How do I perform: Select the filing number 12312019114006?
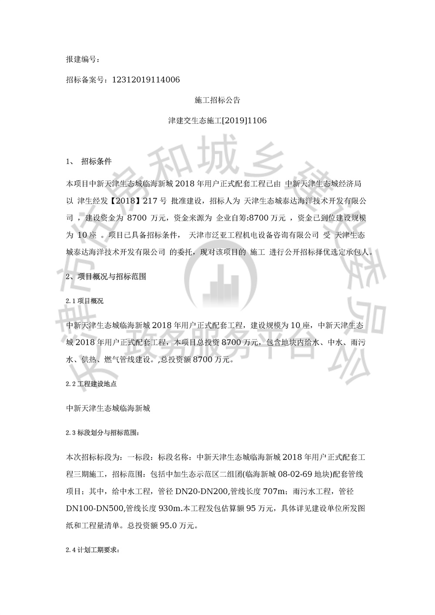146,80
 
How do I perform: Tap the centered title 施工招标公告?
217,100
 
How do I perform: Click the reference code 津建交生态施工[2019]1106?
217,121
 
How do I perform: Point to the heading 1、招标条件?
89,161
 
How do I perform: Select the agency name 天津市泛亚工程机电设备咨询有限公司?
254,235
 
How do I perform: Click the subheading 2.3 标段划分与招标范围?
103,433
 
